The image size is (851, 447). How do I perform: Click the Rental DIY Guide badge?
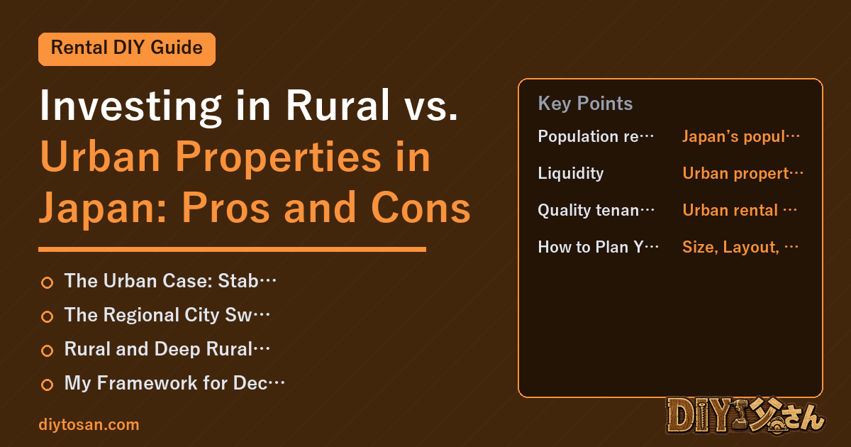point(127,49)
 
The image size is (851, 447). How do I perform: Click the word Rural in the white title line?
point(338,105)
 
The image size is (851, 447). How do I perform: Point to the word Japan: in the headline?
point(104,208)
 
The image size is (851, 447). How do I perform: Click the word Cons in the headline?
point(421,207)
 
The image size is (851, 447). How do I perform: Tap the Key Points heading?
point(585,104)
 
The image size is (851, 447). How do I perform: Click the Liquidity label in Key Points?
point(571,173)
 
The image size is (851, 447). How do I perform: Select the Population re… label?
point(595,136)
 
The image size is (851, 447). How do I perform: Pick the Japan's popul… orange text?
point(741,136)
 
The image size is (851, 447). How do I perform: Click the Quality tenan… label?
point(596,210)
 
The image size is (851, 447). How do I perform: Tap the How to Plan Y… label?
point(598,247)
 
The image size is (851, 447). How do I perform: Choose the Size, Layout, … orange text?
point(740,247)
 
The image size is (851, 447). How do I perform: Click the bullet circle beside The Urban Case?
point(47,283)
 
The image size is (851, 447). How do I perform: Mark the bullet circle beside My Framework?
point(47,385)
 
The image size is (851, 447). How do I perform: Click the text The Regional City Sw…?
point(167,315)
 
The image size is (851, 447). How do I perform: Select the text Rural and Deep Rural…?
point(167,349)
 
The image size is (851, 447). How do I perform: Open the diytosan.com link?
point(89,424)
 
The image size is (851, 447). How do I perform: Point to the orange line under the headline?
point(232,249)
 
